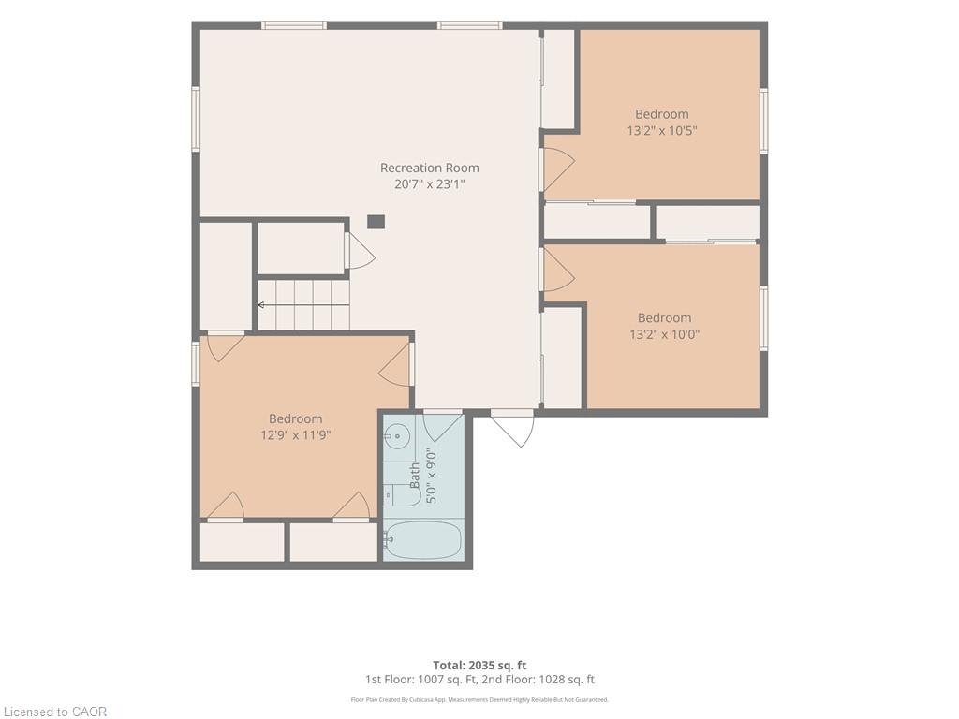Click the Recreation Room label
tap(429, 168)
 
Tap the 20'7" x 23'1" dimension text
tap(429, 184)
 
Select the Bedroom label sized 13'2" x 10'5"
tap(662, 113)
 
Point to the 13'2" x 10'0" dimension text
tap(664, 334)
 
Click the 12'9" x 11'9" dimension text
tap(295, 434)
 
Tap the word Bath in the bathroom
tap(415, 475)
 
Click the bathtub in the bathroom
tap(423, 539)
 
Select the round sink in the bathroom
tap(397, 436)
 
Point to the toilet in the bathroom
tap(403, 494)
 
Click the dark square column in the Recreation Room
tap(376, 221)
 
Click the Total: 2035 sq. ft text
tap(479, 666)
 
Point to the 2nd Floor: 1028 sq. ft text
tap(539, 680)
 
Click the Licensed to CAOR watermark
tap(55, 712)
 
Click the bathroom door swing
tap(442, 426)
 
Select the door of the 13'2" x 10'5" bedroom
tap(558, 169)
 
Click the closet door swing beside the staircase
tap(361, 251)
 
